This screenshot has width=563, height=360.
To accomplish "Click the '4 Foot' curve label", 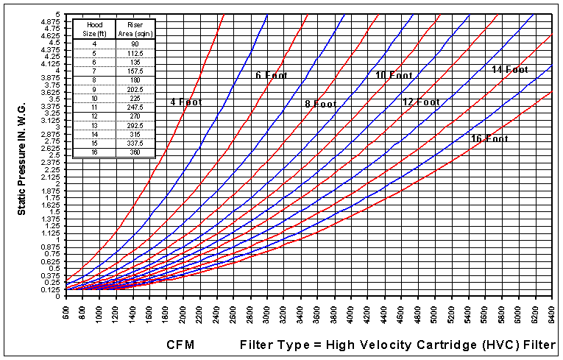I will click(x=185, y=102).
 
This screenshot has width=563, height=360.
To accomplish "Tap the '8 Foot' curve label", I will click(x=320, y=104).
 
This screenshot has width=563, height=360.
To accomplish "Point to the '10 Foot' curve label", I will click(x=394, y=75).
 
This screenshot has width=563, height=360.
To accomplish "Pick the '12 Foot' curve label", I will click(x=421, y=102).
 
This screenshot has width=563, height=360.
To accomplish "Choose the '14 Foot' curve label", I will click(x=510, y=69).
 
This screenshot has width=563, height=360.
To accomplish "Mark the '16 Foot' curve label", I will click(x=489, y=138).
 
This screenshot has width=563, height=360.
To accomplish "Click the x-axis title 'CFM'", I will click(x=180, y=345).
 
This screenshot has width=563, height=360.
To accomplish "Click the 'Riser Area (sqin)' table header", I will click(x=135, y=30).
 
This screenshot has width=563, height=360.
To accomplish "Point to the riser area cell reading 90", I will click(x=135, y=44).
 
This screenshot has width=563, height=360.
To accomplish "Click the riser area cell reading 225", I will click(x=135, y=97).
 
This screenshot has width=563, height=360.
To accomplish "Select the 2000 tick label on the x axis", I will click(x=183, y=317).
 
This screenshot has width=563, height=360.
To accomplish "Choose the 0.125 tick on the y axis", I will click(x=52, y=289).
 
